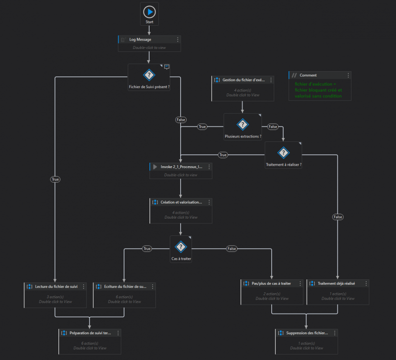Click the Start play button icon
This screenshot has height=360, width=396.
tap(149, 12)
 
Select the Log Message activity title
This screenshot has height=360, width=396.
tap(140, 40)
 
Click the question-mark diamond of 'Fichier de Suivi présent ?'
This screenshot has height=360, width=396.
tap(149, 75)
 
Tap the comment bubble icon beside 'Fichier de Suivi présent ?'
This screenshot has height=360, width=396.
tap(167, 67)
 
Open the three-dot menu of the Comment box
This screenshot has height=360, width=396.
tap(348, 75)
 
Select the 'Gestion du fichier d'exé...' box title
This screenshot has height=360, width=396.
tap(244, 80)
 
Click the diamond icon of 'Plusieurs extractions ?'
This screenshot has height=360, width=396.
tap(242, 124)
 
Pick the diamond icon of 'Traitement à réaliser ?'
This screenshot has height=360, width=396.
tap(283, 153)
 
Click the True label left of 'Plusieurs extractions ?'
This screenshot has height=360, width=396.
tap(202, 127)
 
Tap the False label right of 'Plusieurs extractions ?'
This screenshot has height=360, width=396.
tap(272, 127)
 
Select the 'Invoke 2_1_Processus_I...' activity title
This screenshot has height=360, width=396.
tap(182, 167)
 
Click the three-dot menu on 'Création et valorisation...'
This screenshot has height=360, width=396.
tap(208, 202)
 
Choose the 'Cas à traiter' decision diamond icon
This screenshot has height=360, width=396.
tap(181, 247)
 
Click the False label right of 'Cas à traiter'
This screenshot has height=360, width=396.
tap(232, 249)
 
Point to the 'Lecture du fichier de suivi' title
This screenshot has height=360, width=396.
tap(56, 286)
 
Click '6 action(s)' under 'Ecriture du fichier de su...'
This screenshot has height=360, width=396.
tap(124, 297)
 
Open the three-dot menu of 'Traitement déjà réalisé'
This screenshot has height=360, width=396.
tap(366, 283)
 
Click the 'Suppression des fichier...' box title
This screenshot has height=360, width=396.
tap(307, 333)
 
